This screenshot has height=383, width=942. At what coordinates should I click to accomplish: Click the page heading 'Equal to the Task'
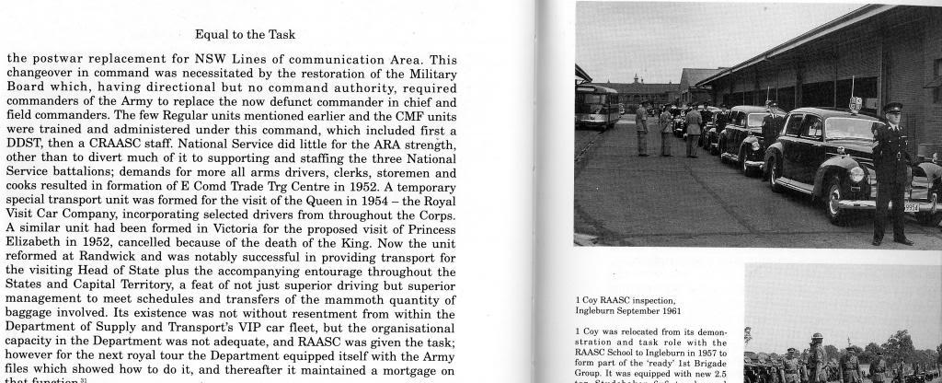[x=245, y=35]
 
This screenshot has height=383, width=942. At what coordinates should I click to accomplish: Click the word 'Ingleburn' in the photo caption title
[x=601, y=310]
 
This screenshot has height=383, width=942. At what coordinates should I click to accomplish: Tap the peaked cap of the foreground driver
[x=892, y=107]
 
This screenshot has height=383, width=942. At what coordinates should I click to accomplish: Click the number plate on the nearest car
[x=909, y=207]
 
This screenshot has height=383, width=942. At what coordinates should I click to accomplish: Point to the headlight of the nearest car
[x=856, y=172]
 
